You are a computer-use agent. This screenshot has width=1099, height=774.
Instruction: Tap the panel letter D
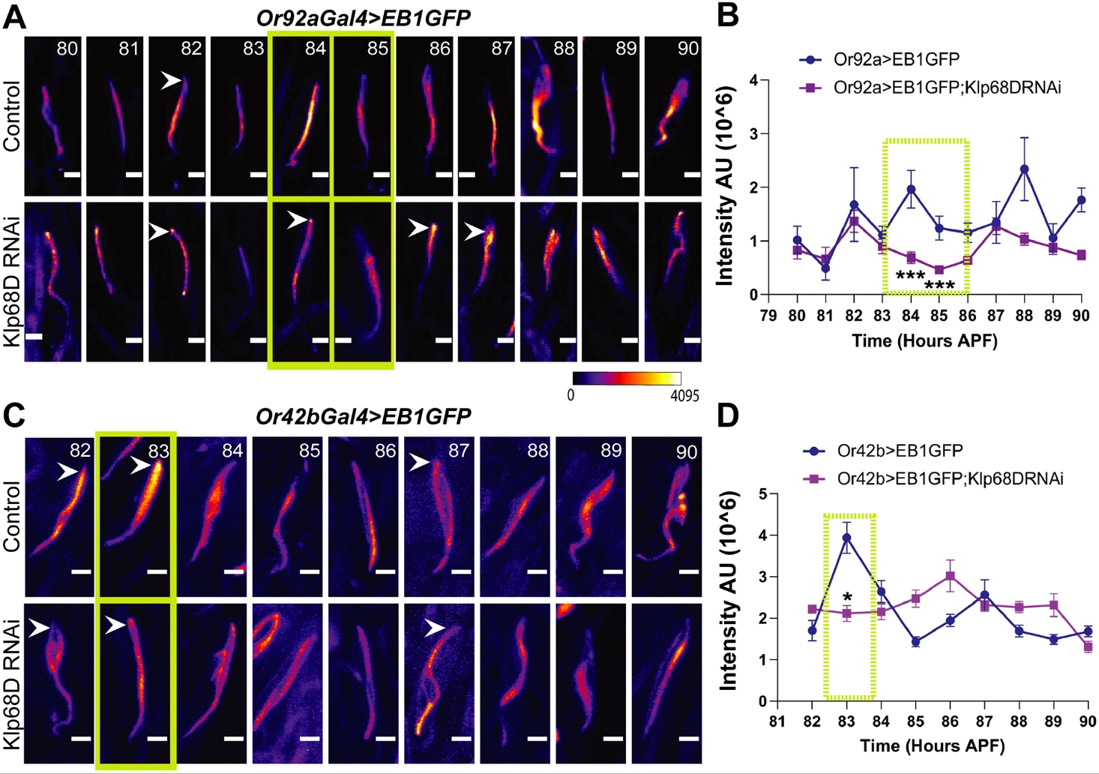click(x=729, y=417)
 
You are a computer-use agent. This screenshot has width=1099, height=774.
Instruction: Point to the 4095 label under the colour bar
click(x=684, y=395)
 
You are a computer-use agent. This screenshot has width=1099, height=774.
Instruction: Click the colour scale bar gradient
click(x=627, y=378)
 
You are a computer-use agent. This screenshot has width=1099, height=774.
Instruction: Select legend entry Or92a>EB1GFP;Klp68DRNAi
click(x=947, y=88)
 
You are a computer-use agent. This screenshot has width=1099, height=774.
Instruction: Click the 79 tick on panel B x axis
click(x=768, y=316)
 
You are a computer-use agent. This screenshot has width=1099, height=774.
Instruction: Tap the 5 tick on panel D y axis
click(x=762, y=494)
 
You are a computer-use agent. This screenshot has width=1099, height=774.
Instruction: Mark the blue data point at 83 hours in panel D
click(x=846, y=538)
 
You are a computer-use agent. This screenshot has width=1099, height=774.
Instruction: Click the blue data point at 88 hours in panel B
click(x=1024, y=169)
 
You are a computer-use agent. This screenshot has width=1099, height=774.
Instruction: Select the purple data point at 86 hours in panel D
click(x=950, y=576)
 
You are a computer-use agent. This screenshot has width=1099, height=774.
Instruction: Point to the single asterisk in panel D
click(x=847, y=598)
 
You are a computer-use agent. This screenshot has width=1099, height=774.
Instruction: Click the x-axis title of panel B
click(x=924, y=340)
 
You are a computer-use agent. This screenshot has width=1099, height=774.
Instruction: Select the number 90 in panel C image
click(x=686, y=452)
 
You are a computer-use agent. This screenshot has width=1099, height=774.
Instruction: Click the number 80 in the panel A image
click(x=67, y=49)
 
